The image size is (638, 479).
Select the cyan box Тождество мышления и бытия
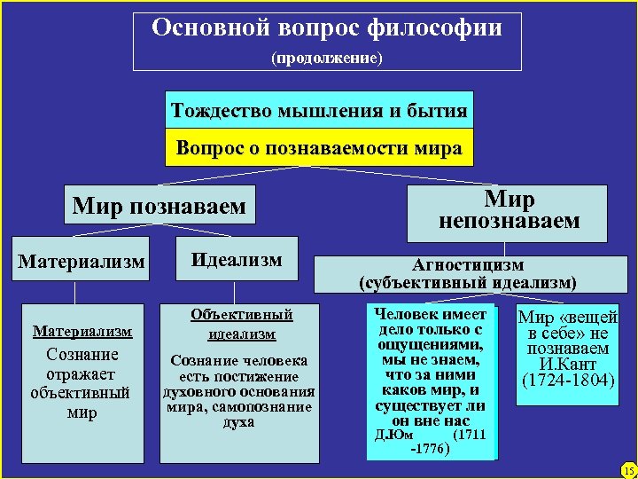pos(319,112)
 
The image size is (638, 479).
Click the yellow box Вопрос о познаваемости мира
pos(319,148)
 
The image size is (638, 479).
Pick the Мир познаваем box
pos(159,207)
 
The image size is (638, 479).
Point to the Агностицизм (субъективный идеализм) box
pos(468,274)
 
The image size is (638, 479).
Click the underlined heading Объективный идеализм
pos(241,324)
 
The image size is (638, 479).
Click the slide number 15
pos(627,469)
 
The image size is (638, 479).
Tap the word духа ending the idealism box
pos(239,421)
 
